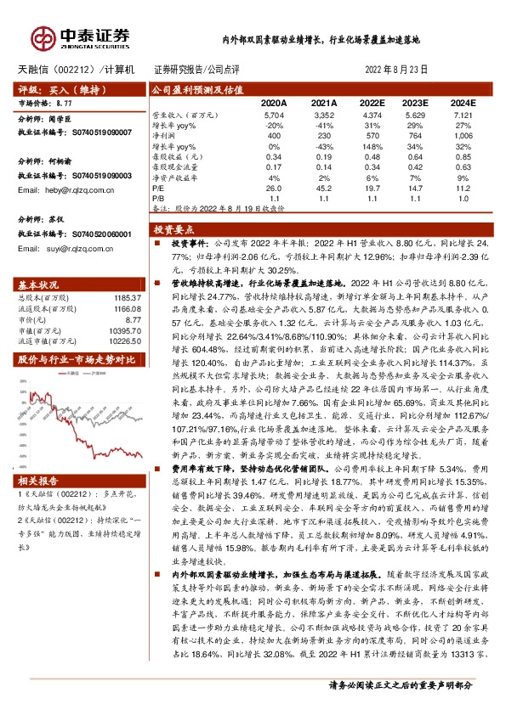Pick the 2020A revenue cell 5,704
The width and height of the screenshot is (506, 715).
pyautogui.click(x=273, y=113)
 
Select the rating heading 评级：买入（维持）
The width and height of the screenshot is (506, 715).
pyautogui.click(x=48, y=87)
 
